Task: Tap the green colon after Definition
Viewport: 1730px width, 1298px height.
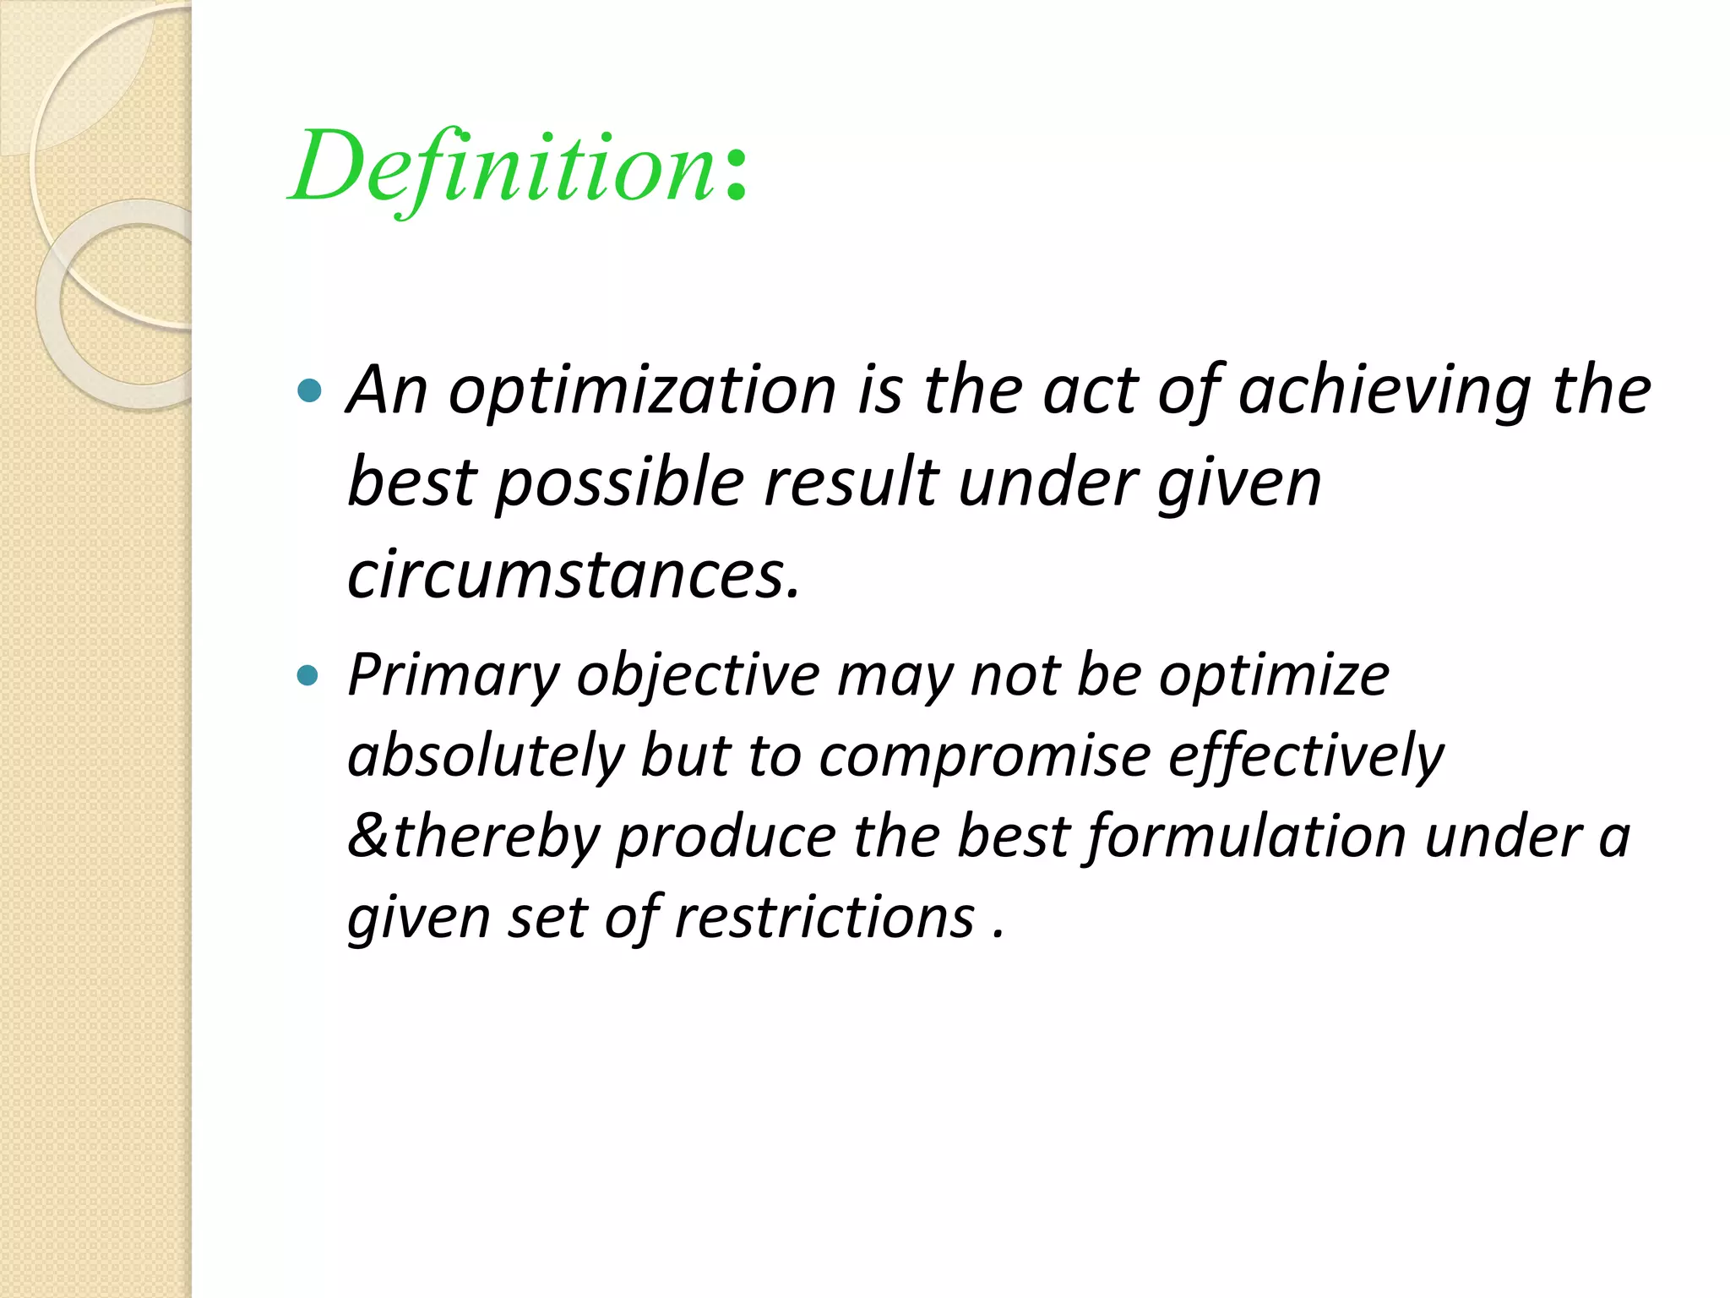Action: click(x=736, y=176)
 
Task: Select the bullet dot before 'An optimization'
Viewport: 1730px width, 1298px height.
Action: click(x=310, y=390)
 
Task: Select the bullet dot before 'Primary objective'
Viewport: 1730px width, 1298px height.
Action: click(x=309, y=675)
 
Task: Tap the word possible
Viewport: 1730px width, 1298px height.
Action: click(x=619, y=483)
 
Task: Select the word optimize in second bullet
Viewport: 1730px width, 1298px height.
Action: click(x=1274, y=676)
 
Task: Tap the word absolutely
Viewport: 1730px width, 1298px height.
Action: click(x=485, y=755)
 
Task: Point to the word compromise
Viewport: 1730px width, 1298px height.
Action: click(x=984, y=755)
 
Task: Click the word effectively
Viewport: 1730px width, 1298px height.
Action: click(x=1306, y=755)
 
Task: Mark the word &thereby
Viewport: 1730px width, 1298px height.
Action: click(x=473, y=836)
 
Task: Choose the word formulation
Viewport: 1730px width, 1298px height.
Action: click(x=1245, y=836)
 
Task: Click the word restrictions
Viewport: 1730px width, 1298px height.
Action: click(x=824, y=917)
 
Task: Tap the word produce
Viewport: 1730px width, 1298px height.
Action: click(x=726, y=836)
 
